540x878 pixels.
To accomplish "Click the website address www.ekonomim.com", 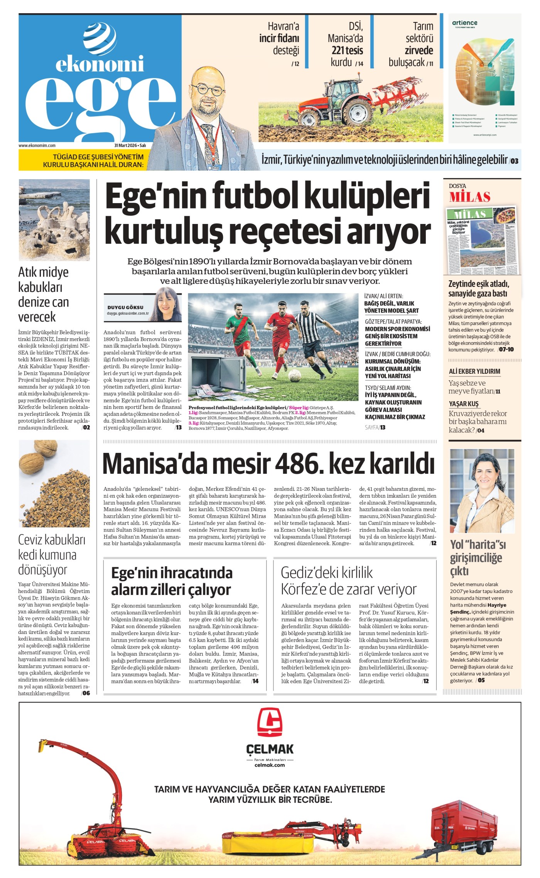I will [37, 146].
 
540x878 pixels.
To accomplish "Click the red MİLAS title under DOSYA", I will [469, 197].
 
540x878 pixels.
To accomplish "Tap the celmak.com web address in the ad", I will [270, 765].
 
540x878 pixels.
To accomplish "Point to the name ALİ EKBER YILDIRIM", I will [474, 371].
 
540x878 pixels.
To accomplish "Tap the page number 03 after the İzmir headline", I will [515, 161].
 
